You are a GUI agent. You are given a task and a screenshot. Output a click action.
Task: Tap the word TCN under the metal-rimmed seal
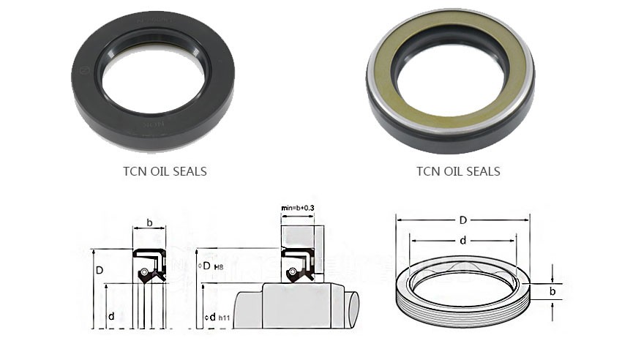click(427, 172)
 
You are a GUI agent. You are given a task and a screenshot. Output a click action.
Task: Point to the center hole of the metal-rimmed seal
click(449, 74)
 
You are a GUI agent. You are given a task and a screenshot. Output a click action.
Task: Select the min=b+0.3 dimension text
click(299, 209)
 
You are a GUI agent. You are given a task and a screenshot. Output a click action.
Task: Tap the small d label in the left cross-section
click(110, 316)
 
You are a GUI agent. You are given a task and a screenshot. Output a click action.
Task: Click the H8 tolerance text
click(217, 266)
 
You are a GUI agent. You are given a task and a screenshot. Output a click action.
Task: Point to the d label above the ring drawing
click(462, 240)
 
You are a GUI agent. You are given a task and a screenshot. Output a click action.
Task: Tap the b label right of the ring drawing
click(552, 292)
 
